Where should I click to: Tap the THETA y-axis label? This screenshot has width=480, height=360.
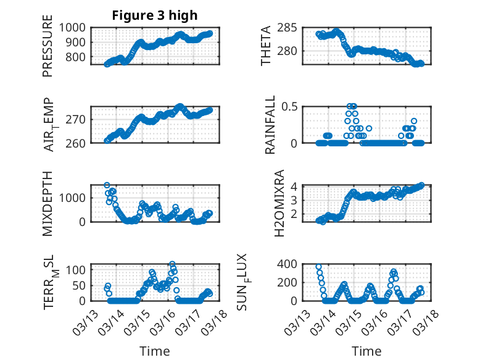click(266, 46)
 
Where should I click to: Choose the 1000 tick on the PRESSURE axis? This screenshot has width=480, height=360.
click(77, 27)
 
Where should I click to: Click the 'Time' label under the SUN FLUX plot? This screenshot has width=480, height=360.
click(366, 351)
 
